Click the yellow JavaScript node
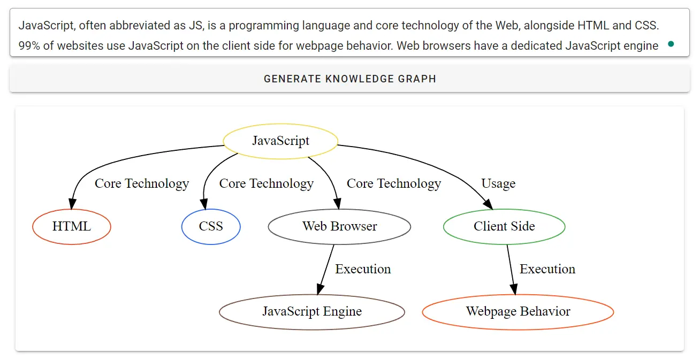(280, 141)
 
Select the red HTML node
(72, 227)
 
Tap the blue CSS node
(211, 227)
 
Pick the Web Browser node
(339, 227)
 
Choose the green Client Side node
(504, 227)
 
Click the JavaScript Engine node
(312, 312)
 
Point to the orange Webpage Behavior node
(518, 312)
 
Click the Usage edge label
(498, 184)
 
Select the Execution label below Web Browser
(363, 269)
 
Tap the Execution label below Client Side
(547, 269)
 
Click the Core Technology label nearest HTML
(142, 184)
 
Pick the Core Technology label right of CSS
(267, 184)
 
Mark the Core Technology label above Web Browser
(394, 184)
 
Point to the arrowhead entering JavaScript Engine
(319, 289)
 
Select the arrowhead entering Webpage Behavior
(514, 289)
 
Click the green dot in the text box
(671, 44)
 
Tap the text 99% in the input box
(29, 46)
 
